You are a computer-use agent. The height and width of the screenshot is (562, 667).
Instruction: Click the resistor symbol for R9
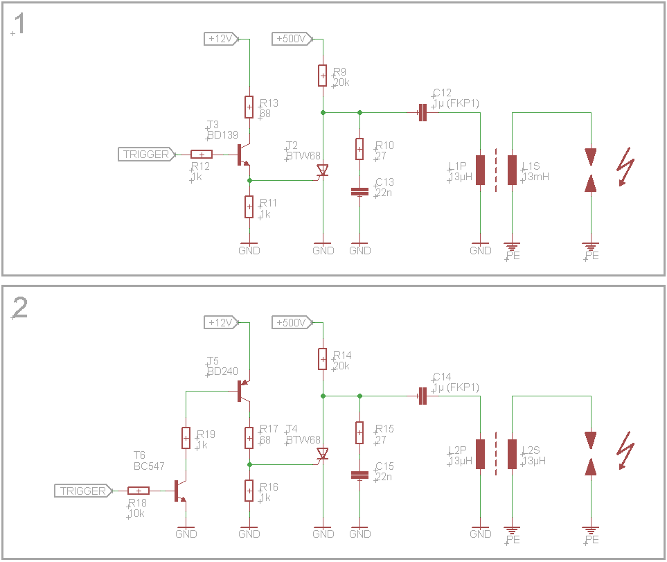pyautogui.click(x=323, y=76)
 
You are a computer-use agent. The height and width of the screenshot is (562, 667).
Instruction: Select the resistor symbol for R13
pyautogui.click(x=249, y=107)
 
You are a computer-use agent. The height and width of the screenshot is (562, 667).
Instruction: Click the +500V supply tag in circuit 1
pyautogui.click(x=292, y=39)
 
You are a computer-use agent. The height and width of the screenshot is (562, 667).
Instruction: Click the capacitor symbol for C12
pyautogui.click(x=422, y=112)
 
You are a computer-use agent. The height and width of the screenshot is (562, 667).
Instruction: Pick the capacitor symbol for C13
pyautogui.click(x=359, y=191)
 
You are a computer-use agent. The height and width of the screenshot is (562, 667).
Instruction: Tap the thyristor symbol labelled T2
pyautogui.click(x=323, y=170)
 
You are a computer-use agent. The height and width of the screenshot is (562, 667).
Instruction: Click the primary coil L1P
pyautogui.click(x=481, y=170)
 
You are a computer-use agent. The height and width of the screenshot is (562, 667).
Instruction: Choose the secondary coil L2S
pyautogui.click(x=513, y=454)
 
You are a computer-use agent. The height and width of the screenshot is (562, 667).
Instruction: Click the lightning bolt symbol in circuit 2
pyautogui.click(x=626, y=450)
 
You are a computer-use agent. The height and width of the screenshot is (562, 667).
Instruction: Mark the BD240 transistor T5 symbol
pyautogui.click(x=242, y=390)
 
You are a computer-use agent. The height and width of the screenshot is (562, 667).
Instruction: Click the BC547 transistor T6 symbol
pyautogui.click(x=180, y=491)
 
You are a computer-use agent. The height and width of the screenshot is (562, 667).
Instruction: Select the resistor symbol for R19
pyautogui.click(x=186, y=438)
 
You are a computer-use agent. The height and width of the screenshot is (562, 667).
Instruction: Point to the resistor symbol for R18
pyautogui.click(x=139, y=491)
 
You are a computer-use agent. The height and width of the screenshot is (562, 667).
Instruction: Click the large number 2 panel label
pyautogui.click(x=20, y=308)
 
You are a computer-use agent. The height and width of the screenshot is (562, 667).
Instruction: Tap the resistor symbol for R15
pyautogui.click(x=359, y=433)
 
